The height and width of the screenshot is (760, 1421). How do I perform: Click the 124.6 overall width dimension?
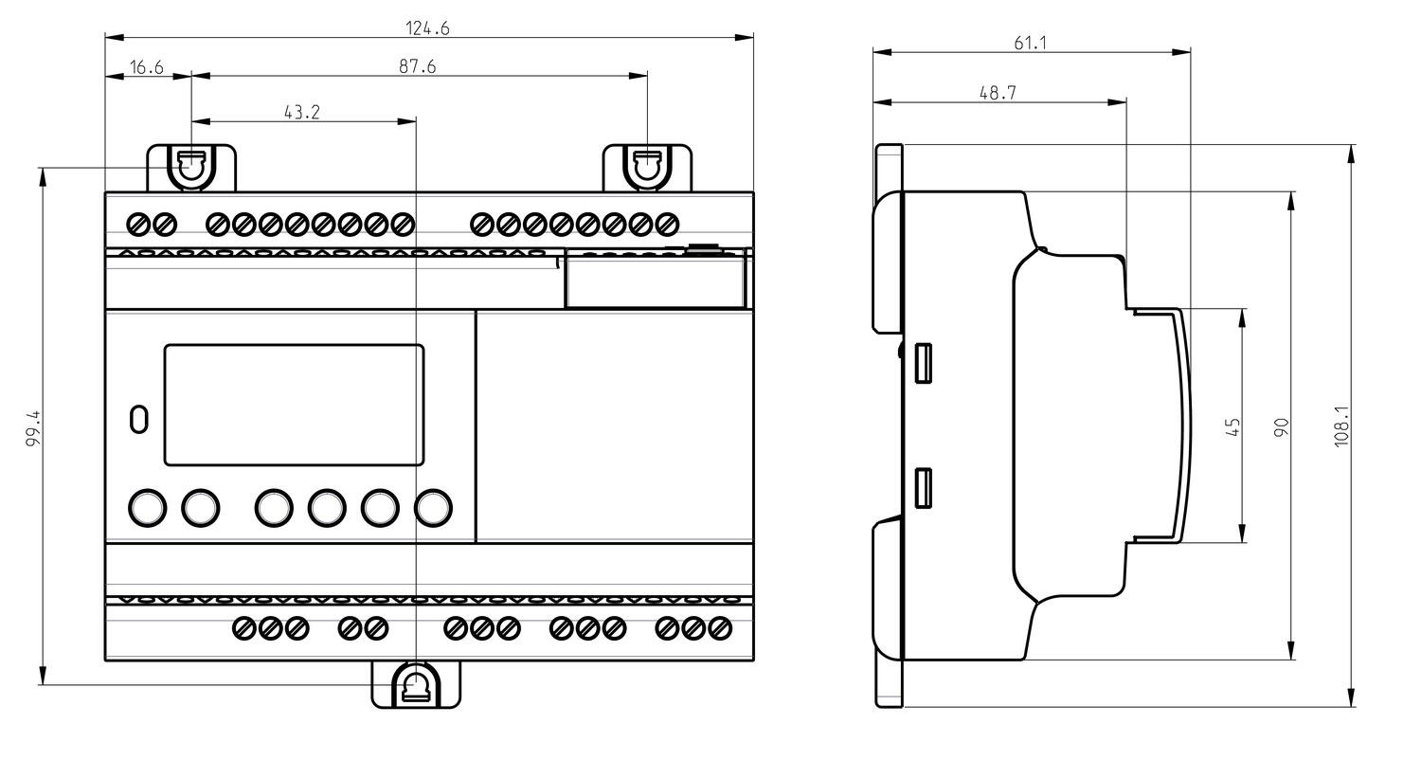(x=427, y=28)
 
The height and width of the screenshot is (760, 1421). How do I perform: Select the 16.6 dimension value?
(x=147, y=66)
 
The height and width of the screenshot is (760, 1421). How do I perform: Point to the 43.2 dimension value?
(x=302, y=112)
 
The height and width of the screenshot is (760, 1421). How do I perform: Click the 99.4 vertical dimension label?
(x=32, y=428)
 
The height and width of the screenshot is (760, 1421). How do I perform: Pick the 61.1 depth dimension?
(x=1030, y=43)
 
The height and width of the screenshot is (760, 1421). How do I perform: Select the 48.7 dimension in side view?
(x=998, y=93)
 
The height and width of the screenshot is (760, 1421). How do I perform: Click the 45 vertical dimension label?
(x=1232, y=427)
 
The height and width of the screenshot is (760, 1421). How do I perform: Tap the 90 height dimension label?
(x=1282, y=426)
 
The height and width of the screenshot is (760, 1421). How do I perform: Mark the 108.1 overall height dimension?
(x=1341, y=426)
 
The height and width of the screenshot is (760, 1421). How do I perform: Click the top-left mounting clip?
(x=191, y=168)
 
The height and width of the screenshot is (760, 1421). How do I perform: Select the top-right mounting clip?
(x=648, y=168)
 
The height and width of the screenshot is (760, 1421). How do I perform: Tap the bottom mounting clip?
(x=416, y=684)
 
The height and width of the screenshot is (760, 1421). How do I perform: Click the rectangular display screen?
(x=294, y=405)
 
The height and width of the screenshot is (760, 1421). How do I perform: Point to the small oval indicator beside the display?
(x=138, y=419)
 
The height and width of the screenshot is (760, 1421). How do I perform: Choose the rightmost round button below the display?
(x=433, y=508)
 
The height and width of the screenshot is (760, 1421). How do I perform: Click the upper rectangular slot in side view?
(x=924, y=363)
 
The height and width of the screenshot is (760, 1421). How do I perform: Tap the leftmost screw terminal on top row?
(x=137, y=225)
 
